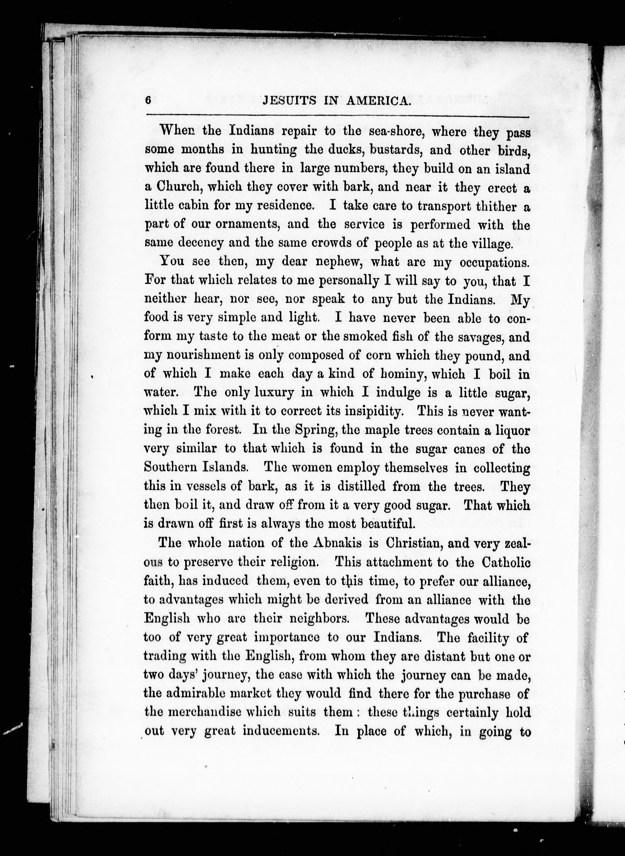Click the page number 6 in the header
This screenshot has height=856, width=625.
[148, 101]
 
